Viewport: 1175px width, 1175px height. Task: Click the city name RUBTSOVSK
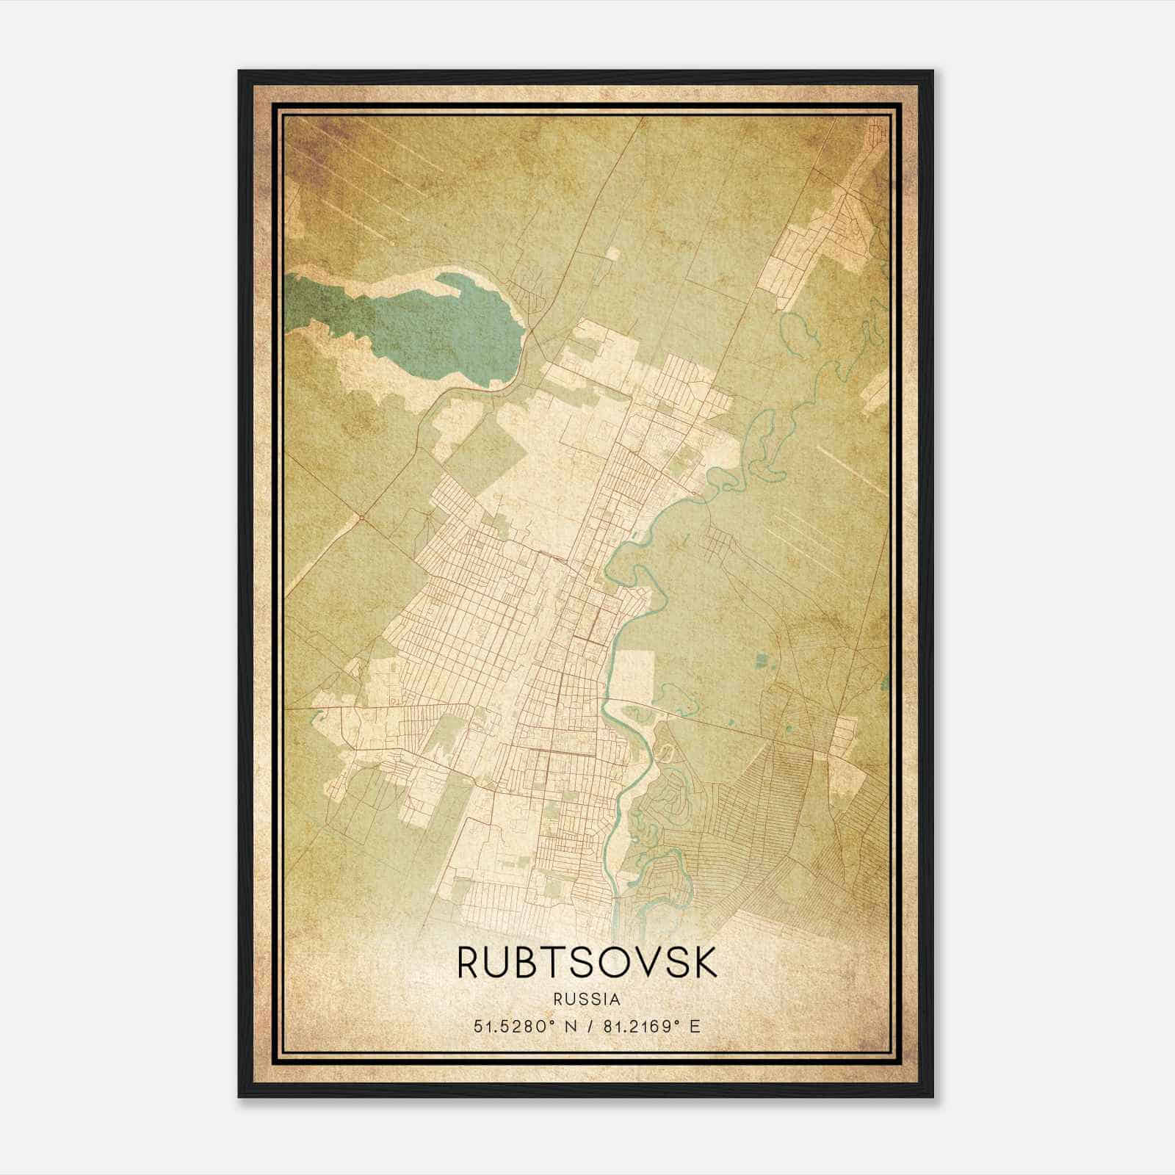pos(587,962)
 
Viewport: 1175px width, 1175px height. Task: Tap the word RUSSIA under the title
pos(587,999)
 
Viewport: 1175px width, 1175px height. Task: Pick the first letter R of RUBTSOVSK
pos(469,962)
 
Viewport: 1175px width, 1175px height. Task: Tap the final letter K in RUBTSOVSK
pos(705,962)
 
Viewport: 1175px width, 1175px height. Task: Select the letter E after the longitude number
pos(695,1026)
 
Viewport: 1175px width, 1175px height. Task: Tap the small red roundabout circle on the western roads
pos(363,518)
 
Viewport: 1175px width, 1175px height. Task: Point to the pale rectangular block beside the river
pos(634,676)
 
